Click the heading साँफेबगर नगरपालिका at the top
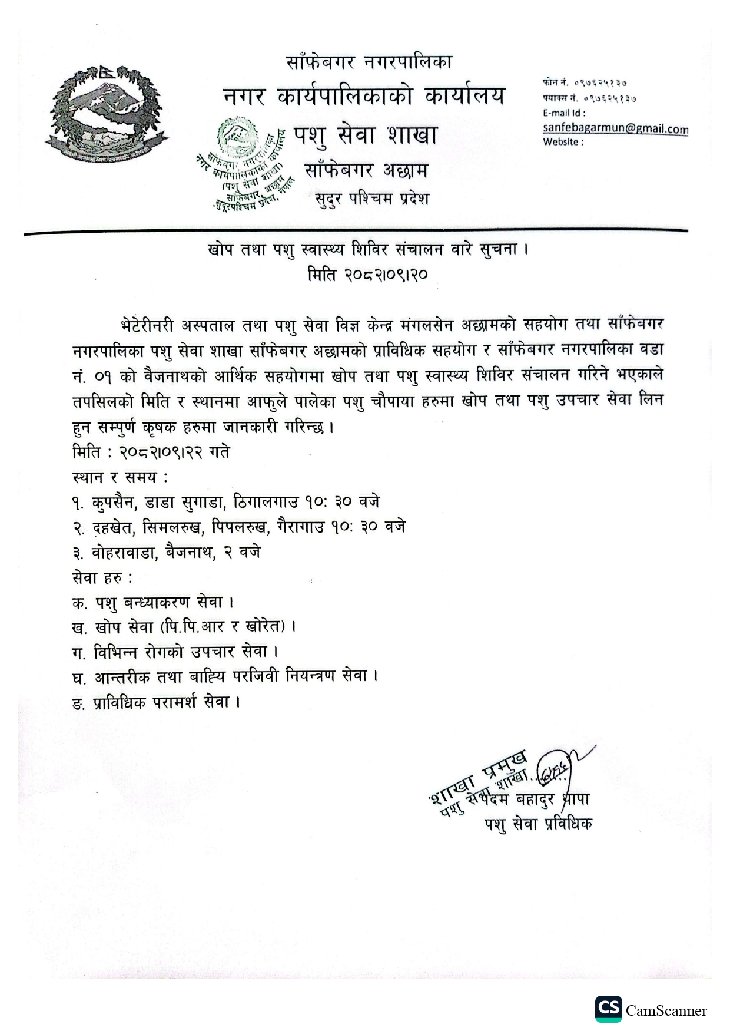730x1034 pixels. point(369,61)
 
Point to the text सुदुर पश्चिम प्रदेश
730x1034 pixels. point(372,199)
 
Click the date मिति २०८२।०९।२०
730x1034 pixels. point(367,275)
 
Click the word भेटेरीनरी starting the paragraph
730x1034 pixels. point(144,324)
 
